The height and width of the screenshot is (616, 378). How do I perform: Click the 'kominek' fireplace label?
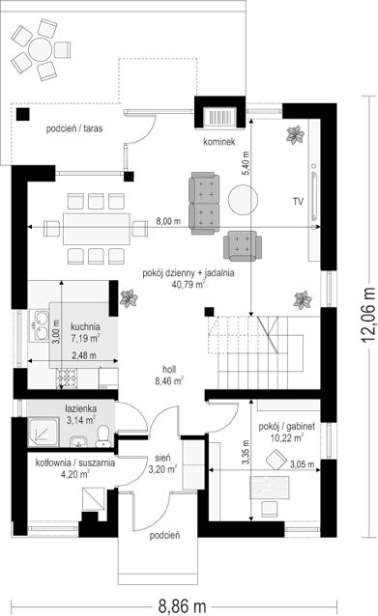219,141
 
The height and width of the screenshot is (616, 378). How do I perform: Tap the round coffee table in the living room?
244,200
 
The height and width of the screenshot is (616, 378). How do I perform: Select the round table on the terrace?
41,49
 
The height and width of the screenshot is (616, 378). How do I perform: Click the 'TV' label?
298,202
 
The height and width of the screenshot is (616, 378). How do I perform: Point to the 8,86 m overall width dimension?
182,605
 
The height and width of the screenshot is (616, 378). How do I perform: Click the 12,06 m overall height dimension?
368,315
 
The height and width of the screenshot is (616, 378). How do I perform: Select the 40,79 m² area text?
188,284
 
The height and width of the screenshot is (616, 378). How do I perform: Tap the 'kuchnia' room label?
85,326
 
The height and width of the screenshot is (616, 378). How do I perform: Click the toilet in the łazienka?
103,436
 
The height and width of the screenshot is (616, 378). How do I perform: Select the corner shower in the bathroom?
44,433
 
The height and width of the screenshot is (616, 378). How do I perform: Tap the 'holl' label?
169,369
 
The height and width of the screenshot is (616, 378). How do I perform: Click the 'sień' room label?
162,458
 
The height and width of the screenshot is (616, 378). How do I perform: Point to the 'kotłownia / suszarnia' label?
75,462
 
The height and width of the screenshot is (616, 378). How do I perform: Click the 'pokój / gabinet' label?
286,427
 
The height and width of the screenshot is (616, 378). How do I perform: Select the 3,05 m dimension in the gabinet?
302,464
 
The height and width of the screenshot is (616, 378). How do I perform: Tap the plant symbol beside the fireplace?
295,135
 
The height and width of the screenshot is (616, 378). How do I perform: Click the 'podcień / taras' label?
74,128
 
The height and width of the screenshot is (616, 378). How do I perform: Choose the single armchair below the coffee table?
243,246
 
